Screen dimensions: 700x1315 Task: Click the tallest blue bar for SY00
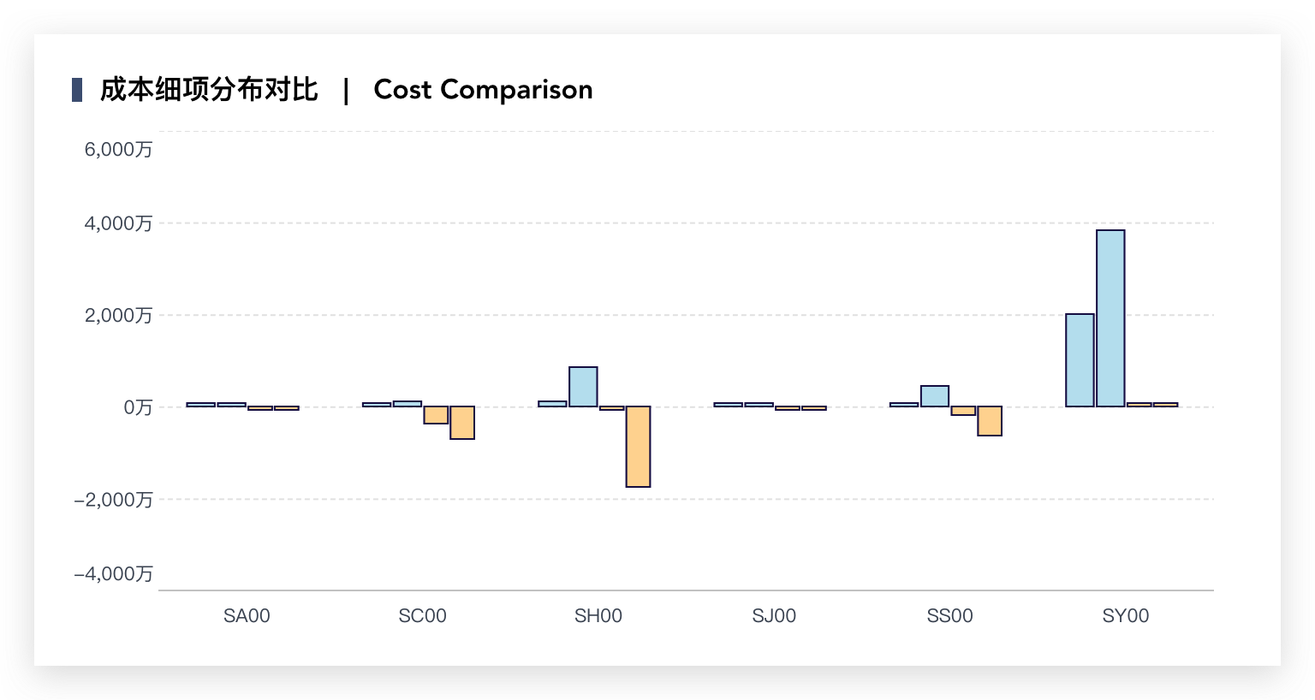click(1110, 318)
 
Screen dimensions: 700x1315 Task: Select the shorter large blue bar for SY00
click(1080, 360)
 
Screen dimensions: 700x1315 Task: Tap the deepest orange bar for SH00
click(638, 447)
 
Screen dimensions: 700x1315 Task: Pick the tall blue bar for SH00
click(583, 387)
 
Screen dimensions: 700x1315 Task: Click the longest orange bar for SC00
click(462, 423)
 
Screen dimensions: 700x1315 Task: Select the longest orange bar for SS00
click(990, 421)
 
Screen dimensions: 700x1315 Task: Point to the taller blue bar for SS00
click(935, 396)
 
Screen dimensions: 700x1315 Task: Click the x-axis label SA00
click(247, 616)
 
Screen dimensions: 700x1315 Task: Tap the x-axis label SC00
click(422, 616)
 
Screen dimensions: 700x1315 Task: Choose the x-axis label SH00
click(598, 616)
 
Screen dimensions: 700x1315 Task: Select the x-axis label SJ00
click(774, 616)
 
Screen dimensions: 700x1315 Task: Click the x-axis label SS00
click(949, 616)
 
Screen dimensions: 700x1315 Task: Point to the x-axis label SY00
click(1126, 616)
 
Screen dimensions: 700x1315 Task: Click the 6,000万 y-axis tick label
click(118, 150)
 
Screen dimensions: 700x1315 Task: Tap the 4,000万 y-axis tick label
click(118, 224)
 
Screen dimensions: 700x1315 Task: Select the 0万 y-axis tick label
click(138, 407)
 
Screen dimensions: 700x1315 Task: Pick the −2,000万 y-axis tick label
click(113, 500)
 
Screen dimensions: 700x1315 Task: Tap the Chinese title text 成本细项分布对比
click(209, 90)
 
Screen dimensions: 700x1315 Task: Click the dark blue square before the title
click(77, 90)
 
